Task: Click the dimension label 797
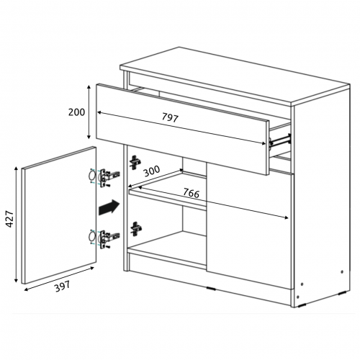click(170, 117)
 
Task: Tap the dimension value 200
click(76, 112)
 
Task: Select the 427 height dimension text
click(10, 219)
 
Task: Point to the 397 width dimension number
click(63, 287)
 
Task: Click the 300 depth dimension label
click(152, 171)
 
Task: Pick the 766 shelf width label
click(192, 193)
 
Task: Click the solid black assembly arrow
click(109, 207)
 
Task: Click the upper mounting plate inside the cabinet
click(135, 162)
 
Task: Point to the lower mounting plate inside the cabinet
click(136, 229)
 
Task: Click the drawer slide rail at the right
click(280, 140)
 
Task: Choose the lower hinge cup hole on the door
click(92, 236)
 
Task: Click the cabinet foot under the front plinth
click(211, 289)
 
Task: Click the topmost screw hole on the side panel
click(342, 272)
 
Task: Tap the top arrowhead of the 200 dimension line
click(89, 87)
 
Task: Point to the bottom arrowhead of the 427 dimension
click(16, 280)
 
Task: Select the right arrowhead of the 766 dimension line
click(286, 217)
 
